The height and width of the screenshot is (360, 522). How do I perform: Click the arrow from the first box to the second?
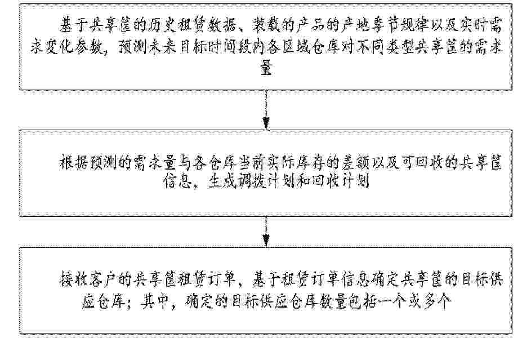point(266,110)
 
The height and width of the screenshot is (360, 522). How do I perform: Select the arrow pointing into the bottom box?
point(266,232)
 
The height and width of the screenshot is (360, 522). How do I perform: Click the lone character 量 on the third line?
point(266,69)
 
